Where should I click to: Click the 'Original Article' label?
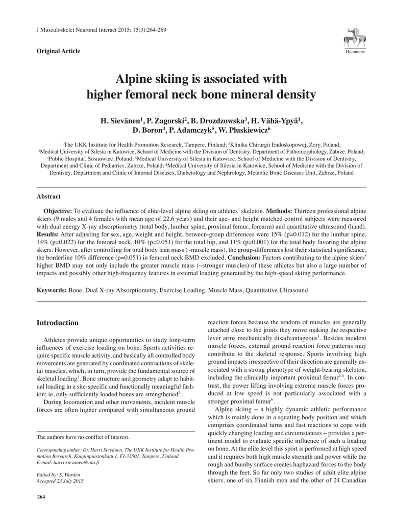pyautogui.click(x=58, y=51)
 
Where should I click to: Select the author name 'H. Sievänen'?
pyautogui.click(x=120, y=121)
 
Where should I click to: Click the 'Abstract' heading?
pyautogui.click(x=48, y=197)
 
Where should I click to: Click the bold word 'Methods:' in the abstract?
pyautogui.click(x=279, y=211)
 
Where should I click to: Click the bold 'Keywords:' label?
pyautogui.click(x=52, y=291)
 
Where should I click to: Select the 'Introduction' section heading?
pyautogui.click(x=58, y=323)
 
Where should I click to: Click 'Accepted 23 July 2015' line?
pyautogui.click(x=60, y=481)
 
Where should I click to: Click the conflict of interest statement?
pyautogui.click(x=83, y=437)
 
